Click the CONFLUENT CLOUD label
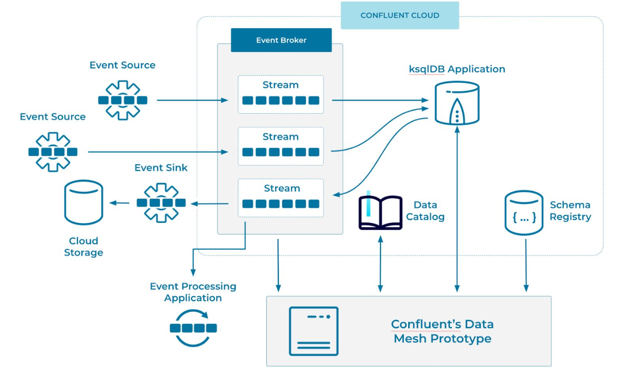point(399,15)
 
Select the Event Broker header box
point(281,40)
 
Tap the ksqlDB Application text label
point(457,69)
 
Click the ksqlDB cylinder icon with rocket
point(457,104)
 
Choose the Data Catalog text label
point(425,211)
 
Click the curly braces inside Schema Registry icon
point(524,218)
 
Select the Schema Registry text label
point(570,211)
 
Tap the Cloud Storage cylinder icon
point(83,202)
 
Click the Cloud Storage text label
point(83,247)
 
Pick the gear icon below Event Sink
point(161,203)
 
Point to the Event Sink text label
point(161,168)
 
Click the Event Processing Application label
point(193,292)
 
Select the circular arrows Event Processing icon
point(193,328)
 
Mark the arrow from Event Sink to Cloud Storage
point(119,203)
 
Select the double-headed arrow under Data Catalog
point(380,264)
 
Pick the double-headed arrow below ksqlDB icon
point(457,209)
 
